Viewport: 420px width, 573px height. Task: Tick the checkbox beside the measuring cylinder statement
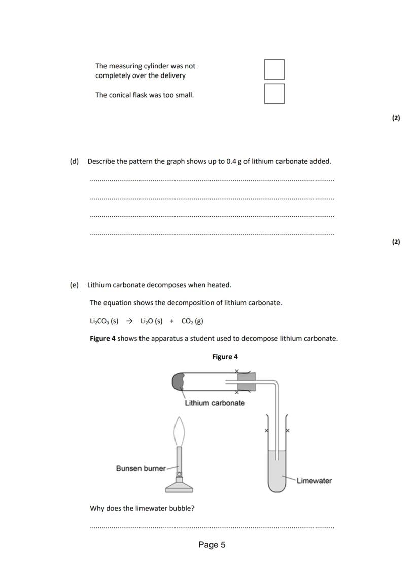(274, 69)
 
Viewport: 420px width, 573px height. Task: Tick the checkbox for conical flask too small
(274, 94)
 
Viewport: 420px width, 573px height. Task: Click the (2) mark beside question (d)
(396, 242)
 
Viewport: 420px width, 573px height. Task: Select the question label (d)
(74, 161)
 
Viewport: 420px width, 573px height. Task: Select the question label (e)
(74, 285)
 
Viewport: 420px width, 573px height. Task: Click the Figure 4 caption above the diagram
(225, 357)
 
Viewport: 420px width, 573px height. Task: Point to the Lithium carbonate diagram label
(215, 403)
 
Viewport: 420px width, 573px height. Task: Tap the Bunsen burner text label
(141, 468)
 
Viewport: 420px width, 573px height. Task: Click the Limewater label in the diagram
(314, 481)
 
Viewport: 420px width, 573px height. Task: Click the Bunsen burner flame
(179, 431)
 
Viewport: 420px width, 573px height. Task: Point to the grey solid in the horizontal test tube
(179, 381)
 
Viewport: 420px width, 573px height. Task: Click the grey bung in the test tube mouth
(246, 381)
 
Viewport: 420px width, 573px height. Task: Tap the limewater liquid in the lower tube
(277, 474)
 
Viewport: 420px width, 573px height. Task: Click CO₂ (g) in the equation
(192, 321)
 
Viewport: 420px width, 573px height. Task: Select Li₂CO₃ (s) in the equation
(104, 321)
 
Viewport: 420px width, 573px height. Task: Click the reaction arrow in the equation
(129, 321)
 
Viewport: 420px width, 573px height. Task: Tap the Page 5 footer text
(212, 545)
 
